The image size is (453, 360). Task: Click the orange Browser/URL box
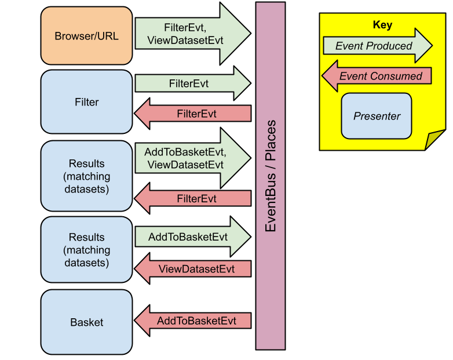pos(86,36)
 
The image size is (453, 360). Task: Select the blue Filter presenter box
pos(86,102)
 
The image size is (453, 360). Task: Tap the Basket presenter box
pos(86,322)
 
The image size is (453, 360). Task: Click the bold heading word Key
pos(382,25)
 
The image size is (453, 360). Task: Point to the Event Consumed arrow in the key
pos(377,76)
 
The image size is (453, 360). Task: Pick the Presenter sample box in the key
pos(377,116)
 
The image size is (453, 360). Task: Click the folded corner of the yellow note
pos(434,140)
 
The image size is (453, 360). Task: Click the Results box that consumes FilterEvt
pos(86,176)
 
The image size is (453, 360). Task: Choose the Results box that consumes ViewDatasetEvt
pos(86,250)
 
